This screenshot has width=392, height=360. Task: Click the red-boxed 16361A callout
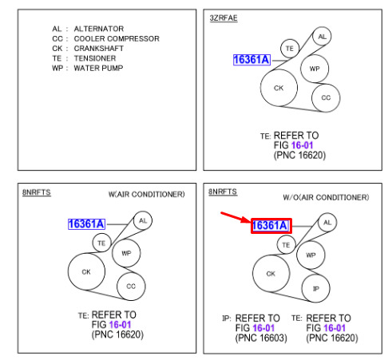(x=271, y=226)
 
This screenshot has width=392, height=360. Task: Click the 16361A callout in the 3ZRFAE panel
(x=251, y=60)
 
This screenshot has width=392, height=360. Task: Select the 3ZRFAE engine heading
(x=224, y=18)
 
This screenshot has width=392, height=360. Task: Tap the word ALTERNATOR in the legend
(x=99, y=29)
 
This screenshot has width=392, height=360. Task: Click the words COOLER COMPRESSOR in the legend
(x=117, y=38)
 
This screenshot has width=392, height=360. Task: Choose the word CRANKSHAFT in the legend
(x=99, y=49)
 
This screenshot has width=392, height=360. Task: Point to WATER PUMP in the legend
(x=98, y=68)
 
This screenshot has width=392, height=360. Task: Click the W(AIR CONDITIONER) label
(x=147, y=194)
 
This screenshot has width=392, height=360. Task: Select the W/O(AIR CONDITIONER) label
(x=326, y=197)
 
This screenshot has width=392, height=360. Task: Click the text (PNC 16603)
(x=261, y=338)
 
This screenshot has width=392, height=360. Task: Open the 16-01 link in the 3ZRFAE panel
(x=302, y=145)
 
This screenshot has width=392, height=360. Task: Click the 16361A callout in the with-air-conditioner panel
(x=86, y=224)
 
